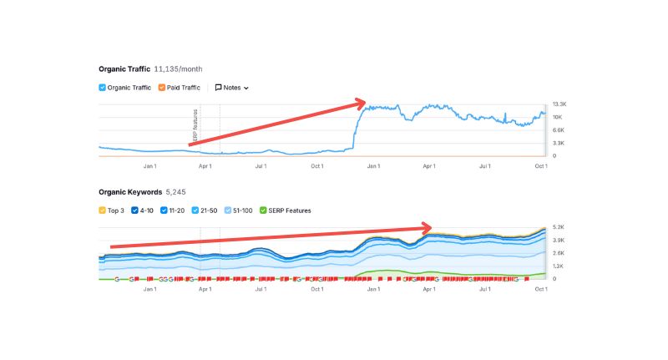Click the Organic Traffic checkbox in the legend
pyautogui.click(x=103, y=87)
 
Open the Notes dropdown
pyautogui.click(x=232, y=87)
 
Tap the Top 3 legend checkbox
pyautogui.click(x=103, y=210)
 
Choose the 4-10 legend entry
pyautogui.click(x=136, y=210)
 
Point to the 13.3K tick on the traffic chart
pyautogui.click(x=559, y=104)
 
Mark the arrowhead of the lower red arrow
pyautogui.click(x=427, y=226)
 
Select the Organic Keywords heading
pyautogui.click(x=129, y=191)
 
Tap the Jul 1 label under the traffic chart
pyautogui.click(x=261, y=166)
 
